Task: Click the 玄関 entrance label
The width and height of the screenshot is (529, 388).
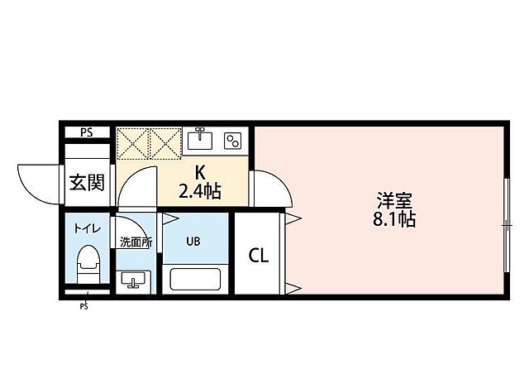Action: pyautogui.click(x=87, y=183)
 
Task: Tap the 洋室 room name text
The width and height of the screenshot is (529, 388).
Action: pyautogui.click(x=395, y=199)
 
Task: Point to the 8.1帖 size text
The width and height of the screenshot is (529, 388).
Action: pyautogui.click(x=395, y=220)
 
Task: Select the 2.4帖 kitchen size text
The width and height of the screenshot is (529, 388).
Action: pyautogui.click(x=200, y=192)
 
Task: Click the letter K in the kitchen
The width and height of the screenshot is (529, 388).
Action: pyautogui.click(x=199, y=173)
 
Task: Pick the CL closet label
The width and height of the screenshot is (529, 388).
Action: pyautogui.click(x=259, y=256)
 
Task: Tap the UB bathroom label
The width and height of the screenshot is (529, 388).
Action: pyautogui.click(x=192, y=242)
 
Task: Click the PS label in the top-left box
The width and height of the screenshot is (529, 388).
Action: pyautogui.click(x=86, y=132)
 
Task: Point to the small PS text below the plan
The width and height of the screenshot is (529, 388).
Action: pyautogui.click(x=83, y=306)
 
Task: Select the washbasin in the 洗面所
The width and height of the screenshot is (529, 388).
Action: pyautogui.click(x=132, y=281)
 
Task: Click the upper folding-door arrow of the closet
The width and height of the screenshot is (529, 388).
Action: pyautogui.click(x=292, y=218)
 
